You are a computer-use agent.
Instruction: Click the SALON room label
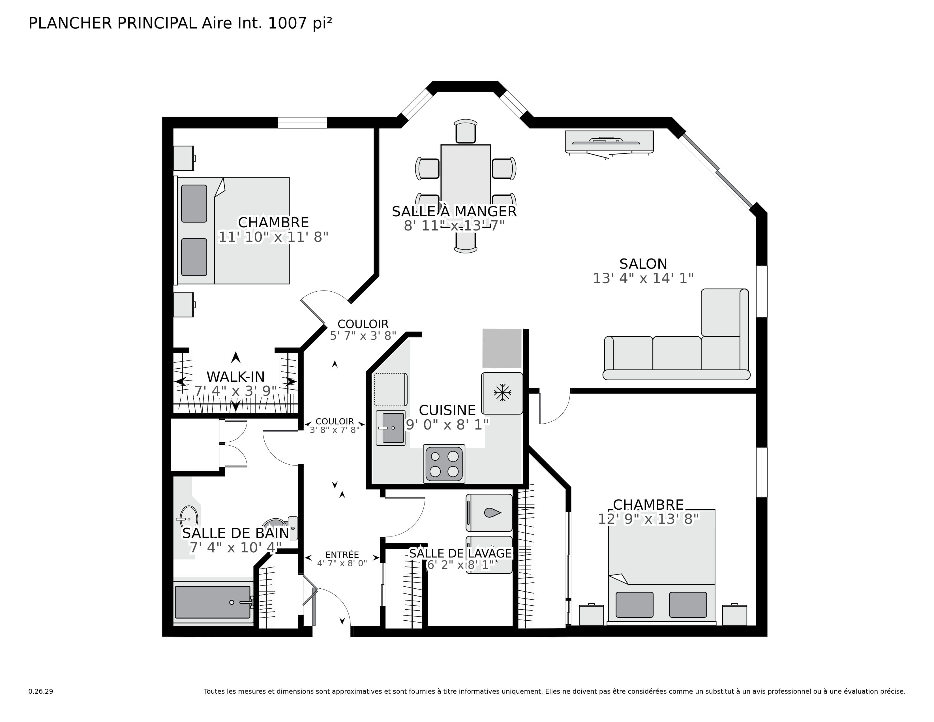(x=643, y=264)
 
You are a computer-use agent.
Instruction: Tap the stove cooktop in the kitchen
(x=444, y=464)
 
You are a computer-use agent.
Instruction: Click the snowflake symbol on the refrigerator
(x=502, y=393)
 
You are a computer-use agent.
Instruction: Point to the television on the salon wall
(x=609, y=142)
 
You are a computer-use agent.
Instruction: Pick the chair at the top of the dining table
(x=465, y=131)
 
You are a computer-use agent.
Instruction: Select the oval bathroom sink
(x=188, y=518)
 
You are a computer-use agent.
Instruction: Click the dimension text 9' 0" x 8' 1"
(x=447, y=425)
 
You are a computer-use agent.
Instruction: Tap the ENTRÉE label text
(x=342, y=555)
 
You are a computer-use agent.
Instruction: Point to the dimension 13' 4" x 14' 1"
(x=643, y=278)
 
